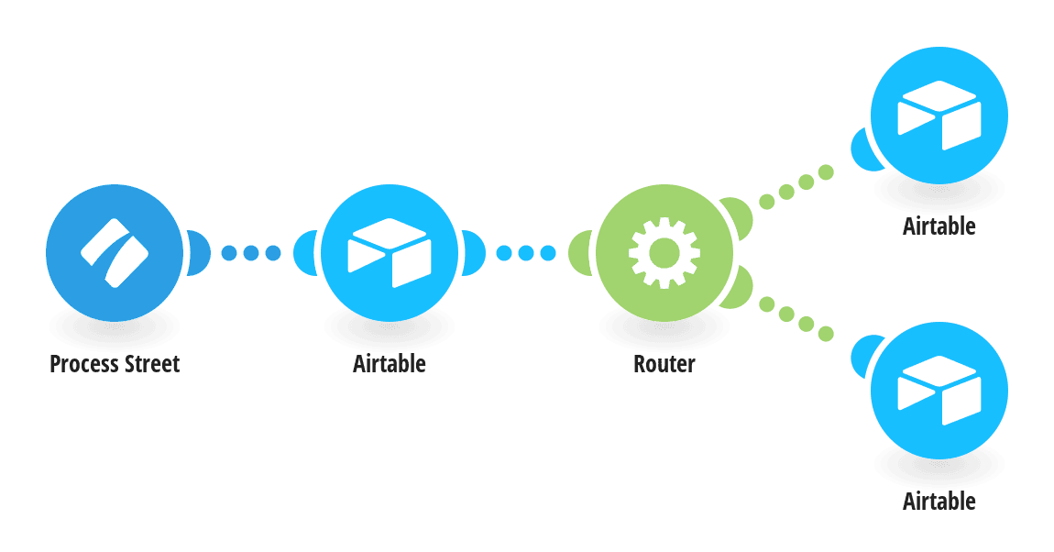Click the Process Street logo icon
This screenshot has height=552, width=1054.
[115, 253]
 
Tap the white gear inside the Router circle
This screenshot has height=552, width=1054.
[664, 253]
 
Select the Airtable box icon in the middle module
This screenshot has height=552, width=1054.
[390, 253]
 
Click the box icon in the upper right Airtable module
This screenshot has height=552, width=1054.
[939, 115]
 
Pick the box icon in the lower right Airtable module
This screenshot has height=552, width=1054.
[939, 391]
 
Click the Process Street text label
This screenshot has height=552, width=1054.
[115, 364]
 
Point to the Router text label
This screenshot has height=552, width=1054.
[664, 364]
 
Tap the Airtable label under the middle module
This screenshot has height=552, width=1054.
[390, 364]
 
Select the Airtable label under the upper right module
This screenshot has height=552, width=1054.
[939, 226]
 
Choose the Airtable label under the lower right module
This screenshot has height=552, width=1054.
[939, 501]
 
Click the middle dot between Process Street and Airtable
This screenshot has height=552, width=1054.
[251, 253]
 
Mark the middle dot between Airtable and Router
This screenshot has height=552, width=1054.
[526, 253]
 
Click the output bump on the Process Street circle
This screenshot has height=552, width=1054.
[199, 253]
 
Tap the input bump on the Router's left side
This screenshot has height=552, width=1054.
[580, 253]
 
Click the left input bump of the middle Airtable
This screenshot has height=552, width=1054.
[305, 253]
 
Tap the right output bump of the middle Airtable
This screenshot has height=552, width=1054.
[474, 253]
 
